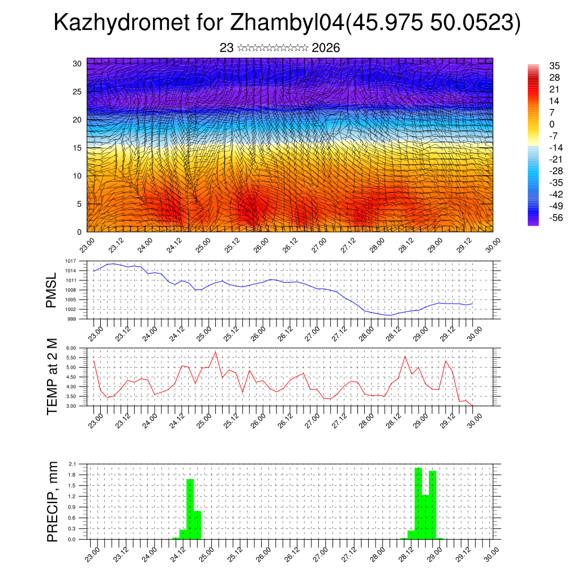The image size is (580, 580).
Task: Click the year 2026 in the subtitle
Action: tap(326, 48)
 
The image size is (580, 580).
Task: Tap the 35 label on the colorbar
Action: tap(555, 66)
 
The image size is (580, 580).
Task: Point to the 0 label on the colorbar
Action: tap(552, 125)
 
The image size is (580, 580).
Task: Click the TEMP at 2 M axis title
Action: tap(53, 377)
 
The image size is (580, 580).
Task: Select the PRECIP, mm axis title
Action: tap(53, 501)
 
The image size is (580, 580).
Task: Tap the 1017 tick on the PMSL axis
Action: tap(70, 261)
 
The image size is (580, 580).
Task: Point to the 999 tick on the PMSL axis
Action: tap(71, 319)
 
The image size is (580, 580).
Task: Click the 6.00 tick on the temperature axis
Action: tap(70, 348)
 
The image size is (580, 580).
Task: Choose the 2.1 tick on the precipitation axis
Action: tap(72, 464)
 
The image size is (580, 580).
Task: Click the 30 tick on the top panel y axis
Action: tap(77, 63)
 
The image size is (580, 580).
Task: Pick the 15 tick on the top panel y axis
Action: tap(77, 148)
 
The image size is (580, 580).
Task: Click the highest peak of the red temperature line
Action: tap(215, 352)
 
